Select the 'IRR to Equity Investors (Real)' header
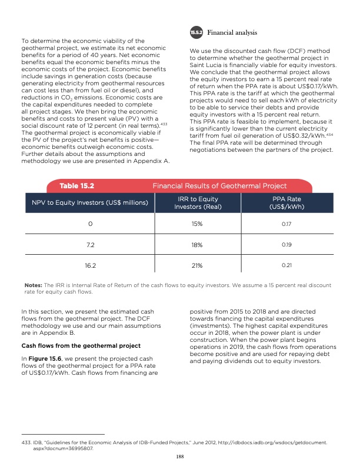coord(199,204)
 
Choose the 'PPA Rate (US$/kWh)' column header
coord(286,204)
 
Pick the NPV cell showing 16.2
coord(91,265)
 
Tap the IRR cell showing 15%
coord(197,224)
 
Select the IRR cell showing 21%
coord(197,265)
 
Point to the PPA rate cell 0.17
coord(286,224)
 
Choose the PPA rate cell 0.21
coord(286,265)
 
